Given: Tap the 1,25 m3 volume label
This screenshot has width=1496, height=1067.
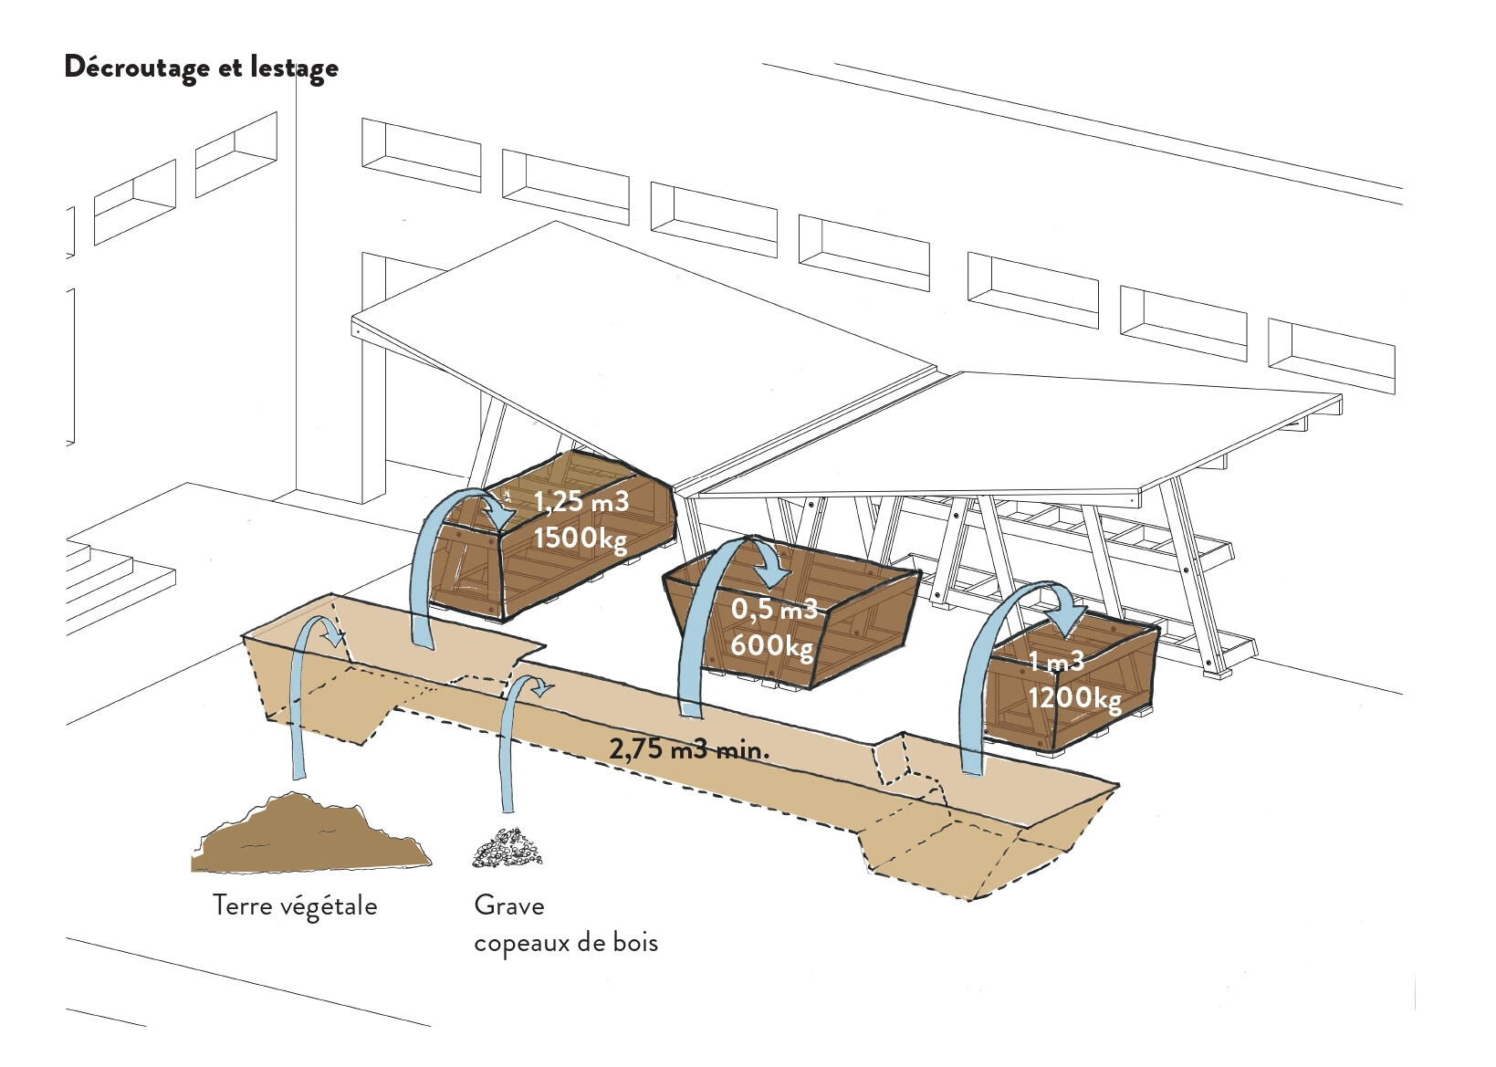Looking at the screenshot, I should (x=581, y=502).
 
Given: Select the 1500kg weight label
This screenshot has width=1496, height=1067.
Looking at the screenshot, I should (x=580, y=538).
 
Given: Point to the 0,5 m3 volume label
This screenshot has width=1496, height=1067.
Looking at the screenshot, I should (x=774, y=609).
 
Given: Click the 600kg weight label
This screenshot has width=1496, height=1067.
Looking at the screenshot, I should (x=771, y=645).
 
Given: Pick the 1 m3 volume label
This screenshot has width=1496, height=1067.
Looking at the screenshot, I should (x=1056, y=662).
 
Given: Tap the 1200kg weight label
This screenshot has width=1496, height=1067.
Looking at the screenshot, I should (x=1074, y=698).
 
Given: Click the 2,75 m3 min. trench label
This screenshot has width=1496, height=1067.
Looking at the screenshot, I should (x=689, y=750).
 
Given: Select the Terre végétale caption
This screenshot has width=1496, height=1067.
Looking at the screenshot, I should (x=295, y=905).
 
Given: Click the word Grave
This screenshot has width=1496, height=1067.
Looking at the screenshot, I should (x=509, y=905).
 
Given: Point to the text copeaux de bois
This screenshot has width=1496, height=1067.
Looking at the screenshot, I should (x=566, y=942).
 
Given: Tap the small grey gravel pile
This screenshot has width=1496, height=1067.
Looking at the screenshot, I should (x=507, y=848).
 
